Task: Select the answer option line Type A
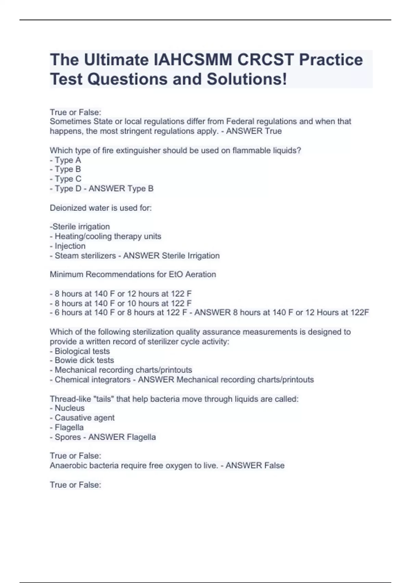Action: (67, 160)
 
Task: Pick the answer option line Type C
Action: (68, 179)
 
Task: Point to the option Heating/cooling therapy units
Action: (108, 236)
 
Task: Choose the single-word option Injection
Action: (70, 246)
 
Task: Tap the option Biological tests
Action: (82, 351)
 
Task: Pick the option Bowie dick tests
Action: (84, 360)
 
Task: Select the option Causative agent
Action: (84, 418)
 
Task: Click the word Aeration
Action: (201, 274)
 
